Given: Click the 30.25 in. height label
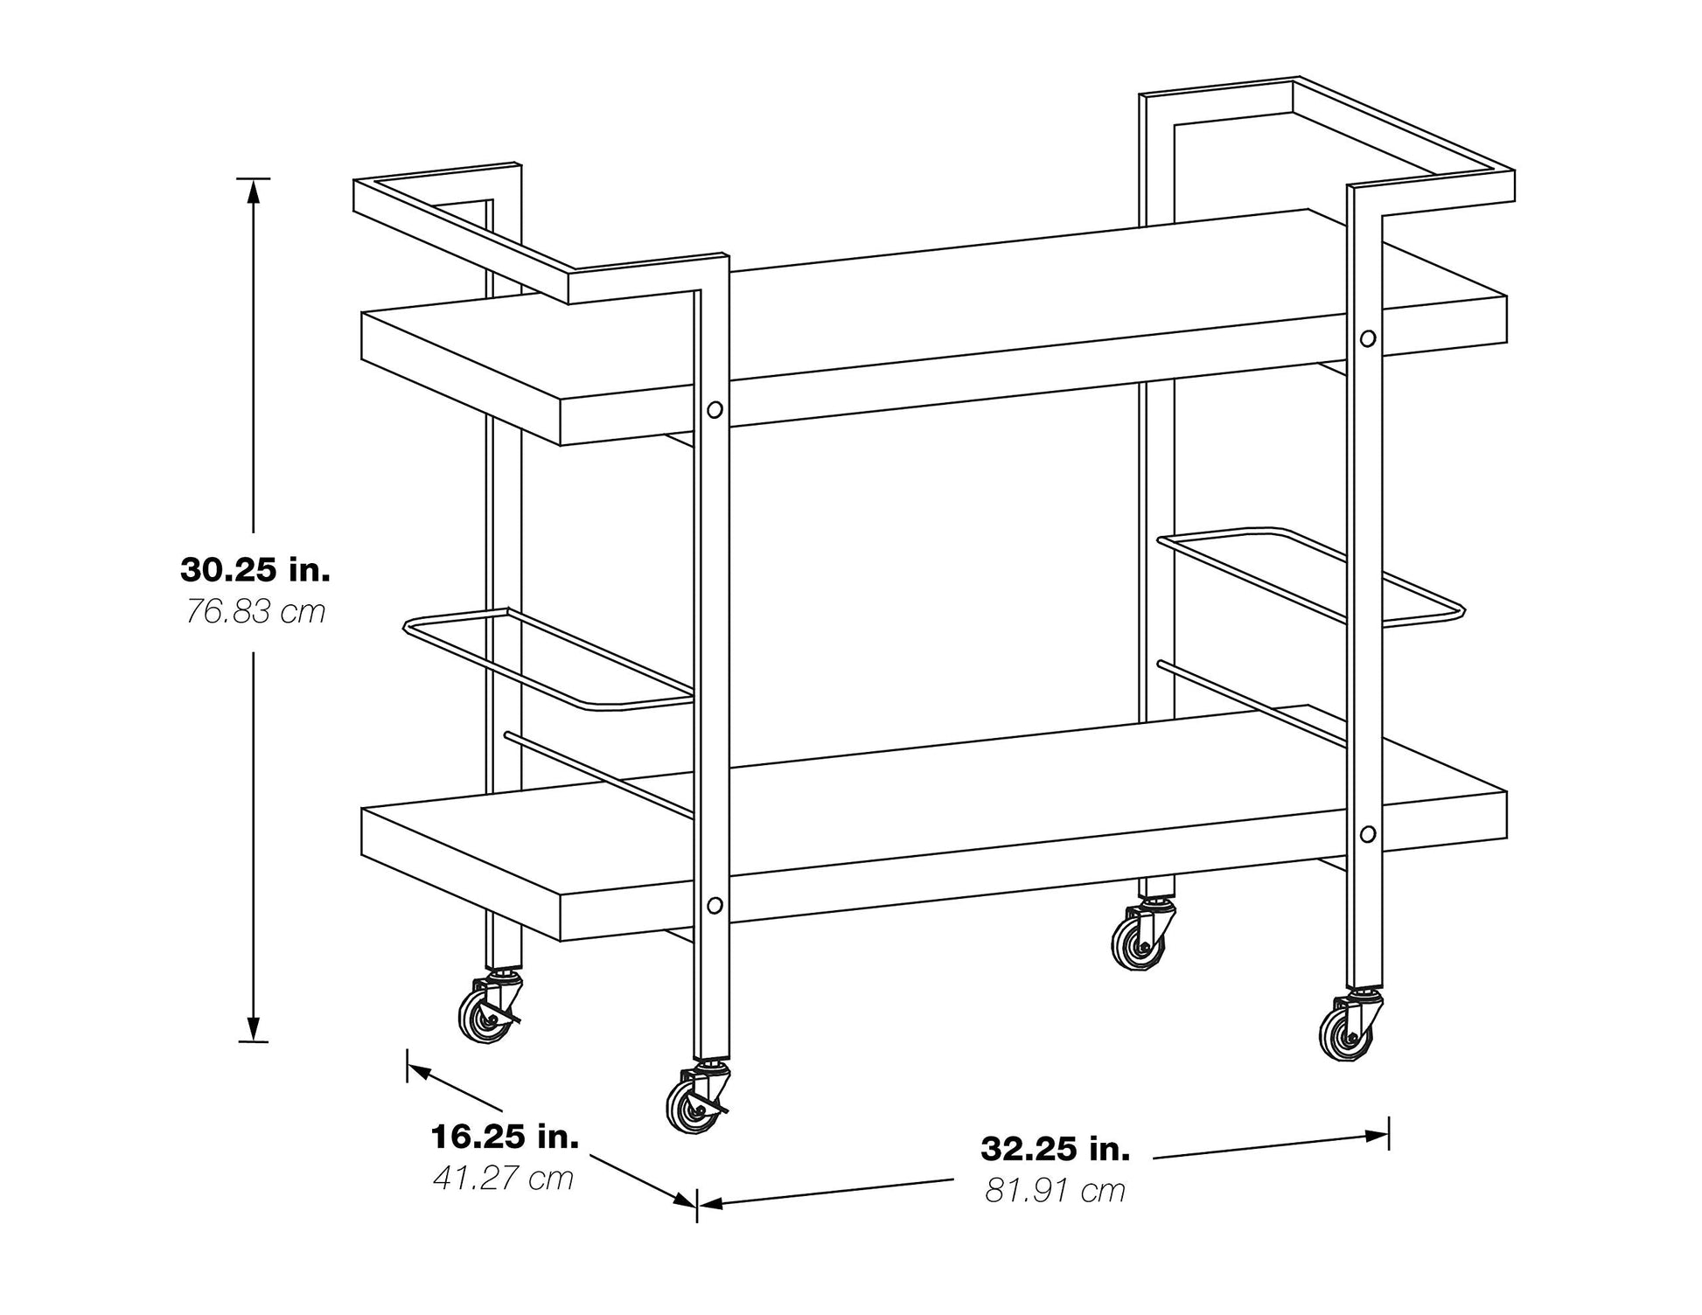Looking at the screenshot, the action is (255, 570).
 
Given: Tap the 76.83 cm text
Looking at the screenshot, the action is (255, 611).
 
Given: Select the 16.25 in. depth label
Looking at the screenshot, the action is (505, 1137).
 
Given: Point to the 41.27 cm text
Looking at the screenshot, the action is (504, 1178).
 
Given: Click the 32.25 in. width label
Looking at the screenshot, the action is (1056, 1148).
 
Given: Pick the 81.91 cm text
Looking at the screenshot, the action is (1056, 1190).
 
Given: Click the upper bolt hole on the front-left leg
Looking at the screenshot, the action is (715, 409).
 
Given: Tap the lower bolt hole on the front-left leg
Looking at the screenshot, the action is (715, 905).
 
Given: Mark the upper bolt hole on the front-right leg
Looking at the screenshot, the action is (1368, 338).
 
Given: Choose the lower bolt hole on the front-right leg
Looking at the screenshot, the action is (1368, 834).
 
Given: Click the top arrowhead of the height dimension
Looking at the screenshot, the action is (254, 190).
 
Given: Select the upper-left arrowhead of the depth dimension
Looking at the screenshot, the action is (418, 1071).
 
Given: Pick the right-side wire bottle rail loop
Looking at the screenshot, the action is (1312, 577).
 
